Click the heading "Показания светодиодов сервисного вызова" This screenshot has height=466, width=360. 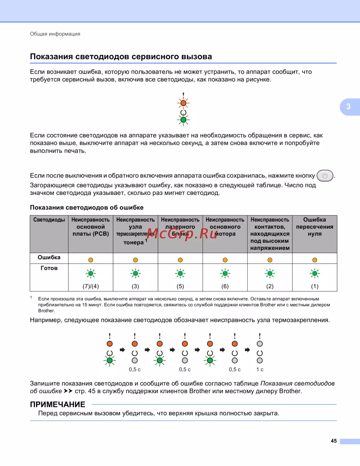coord(121,57)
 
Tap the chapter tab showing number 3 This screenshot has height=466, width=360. coord(348,107)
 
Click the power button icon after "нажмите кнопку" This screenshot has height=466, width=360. coord(325,176)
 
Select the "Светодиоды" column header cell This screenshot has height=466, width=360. coord(49,220)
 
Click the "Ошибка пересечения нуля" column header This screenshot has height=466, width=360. coord(315,227)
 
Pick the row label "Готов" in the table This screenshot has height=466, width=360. coord(49,268)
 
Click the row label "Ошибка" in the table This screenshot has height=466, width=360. coord(49,257)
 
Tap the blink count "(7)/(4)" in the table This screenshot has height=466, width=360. coord(91,286)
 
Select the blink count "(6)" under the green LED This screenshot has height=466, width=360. coord(225,286)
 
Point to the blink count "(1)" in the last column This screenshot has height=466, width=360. coord(315,286)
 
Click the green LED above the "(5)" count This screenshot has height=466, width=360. coord(180,274)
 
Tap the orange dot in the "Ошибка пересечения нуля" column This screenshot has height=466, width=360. coord(315,260)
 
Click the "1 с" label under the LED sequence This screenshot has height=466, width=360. coord(260,369)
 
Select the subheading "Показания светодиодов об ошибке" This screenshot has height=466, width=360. coord(87,207)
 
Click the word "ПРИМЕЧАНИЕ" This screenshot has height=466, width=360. coord(58,404)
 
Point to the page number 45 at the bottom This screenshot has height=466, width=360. coord(334,441)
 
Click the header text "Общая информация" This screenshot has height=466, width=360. coord(55,34)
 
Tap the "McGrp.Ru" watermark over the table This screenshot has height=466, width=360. coord(183,234)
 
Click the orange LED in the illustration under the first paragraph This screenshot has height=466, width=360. coord(183,103)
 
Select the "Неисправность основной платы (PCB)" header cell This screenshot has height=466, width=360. coord(91,227)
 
